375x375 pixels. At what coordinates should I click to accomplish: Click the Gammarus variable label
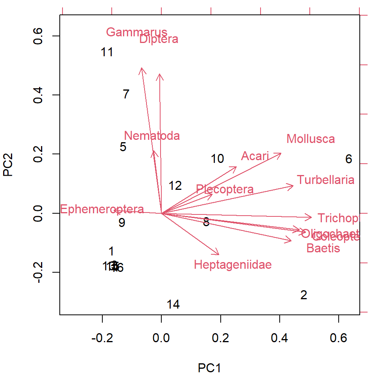click(136, 32)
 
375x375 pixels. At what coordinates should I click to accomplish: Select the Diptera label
click(159, 39)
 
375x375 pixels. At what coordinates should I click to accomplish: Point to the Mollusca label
click(311, 139)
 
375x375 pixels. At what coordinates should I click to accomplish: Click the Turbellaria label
click(325, 180)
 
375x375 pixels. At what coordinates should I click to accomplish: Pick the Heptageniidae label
click(232, 265)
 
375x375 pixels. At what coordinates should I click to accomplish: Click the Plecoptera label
click(225, 189)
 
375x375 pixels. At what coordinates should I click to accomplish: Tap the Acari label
click(255, 156)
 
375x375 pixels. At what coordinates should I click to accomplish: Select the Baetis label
click(323, 248)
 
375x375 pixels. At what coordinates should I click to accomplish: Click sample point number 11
click(107, 52)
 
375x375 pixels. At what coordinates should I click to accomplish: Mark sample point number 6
click(348, 159)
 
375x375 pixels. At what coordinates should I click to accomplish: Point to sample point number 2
click(304, 295)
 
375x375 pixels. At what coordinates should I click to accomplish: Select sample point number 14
click(173, 305)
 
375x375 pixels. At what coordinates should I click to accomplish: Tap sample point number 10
click(217, 159)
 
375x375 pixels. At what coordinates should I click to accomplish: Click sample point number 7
click(126, 94)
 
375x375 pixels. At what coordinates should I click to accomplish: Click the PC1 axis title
click(210, 368)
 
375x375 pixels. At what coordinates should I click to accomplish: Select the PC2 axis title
click(8, 164)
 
